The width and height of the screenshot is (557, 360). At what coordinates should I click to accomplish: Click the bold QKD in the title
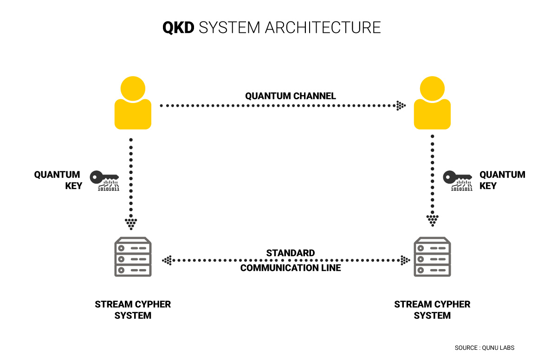[178, 27]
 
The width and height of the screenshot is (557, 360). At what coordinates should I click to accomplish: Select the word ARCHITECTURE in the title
[323, 27]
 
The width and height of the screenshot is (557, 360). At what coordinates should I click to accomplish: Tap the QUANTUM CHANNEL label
[291, 96]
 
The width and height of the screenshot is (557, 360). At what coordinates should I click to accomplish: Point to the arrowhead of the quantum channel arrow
[401, 106]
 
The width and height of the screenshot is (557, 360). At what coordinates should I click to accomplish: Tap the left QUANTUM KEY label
[58, 180]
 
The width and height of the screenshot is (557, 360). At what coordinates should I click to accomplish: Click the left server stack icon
[133, 258]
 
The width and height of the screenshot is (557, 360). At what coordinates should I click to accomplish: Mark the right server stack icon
[432, 258]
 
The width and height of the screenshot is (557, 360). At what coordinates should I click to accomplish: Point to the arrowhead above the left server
[132, 223]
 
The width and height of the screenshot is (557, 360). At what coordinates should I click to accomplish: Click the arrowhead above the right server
[432, 219]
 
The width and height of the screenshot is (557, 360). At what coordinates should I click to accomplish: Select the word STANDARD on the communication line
[291, 253]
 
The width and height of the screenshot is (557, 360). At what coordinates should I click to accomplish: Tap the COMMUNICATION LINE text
[291, 268]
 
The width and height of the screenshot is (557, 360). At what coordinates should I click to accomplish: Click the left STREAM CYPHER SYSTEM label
[133, 310]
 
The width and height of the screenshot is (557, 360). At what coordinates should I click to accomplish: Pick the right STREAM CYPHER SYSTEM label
[432, 310]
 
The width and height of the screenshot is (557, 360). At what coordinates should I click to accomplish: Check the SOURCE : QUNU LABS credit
[484, 347]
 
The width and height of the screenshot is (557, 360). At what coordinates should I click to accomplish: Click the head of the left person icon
[133, 88]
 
